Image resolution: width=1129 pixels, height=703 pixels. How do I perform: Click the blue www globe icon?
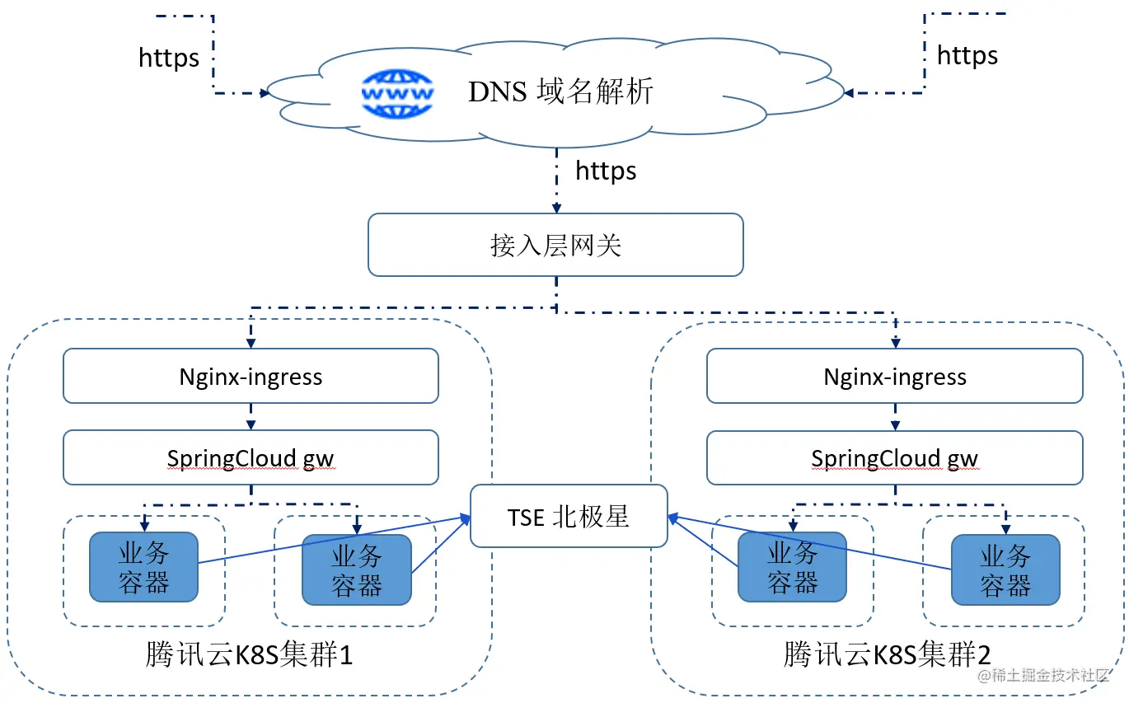(397, 92)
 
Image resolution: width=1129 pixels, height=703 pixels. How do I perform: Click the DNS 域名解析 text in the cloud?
(560, 91)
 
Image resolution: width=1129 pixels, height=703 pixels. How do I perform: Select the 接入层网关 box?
(555, 245)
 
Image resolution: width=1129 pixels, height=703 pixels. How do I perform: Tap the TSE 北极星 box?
(569, 517)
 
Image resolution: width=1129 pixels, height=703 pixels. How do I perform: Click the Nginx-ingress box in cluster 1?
(251, 377)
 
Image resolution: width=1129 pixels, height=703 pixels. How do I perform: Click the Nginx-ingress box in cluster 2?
(895, 377)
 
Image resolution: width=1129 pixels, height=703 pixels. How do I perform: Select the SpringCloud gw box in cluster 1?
(251, 458)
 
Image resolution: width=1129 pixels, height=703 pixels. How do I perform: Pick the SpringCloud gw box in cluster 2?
(895, 458)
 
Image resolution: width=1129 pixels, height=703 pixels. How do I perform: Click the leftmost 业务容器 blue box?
(144, 567)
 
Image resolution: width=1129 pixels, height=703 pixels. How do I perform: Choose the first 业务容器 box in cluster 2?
(792, 567)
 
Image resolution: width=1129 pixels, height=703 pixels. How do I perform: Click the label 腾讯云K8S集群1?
(249, 655)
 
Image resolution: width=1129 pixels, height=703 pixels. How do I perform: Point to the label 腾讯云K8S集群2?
(888, 655)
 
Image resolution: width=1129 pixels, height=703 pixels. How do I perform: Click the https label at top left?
(169, 58)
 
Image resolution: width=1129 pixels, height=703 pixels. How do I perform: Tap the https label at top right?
(967, 55)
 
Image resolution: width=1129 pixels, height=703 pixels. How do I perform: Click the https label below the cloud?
(606, 171)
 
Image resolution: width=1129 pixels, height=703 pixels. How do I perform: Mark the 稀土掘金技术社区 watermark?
(1044, 675)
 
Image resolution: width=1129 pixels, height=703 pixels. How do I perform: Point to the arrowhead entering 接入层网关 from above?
(556, 209)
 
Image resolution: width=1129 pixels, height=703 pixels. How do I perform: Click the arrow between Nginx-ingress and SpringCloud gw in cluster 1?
(251, 418)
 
